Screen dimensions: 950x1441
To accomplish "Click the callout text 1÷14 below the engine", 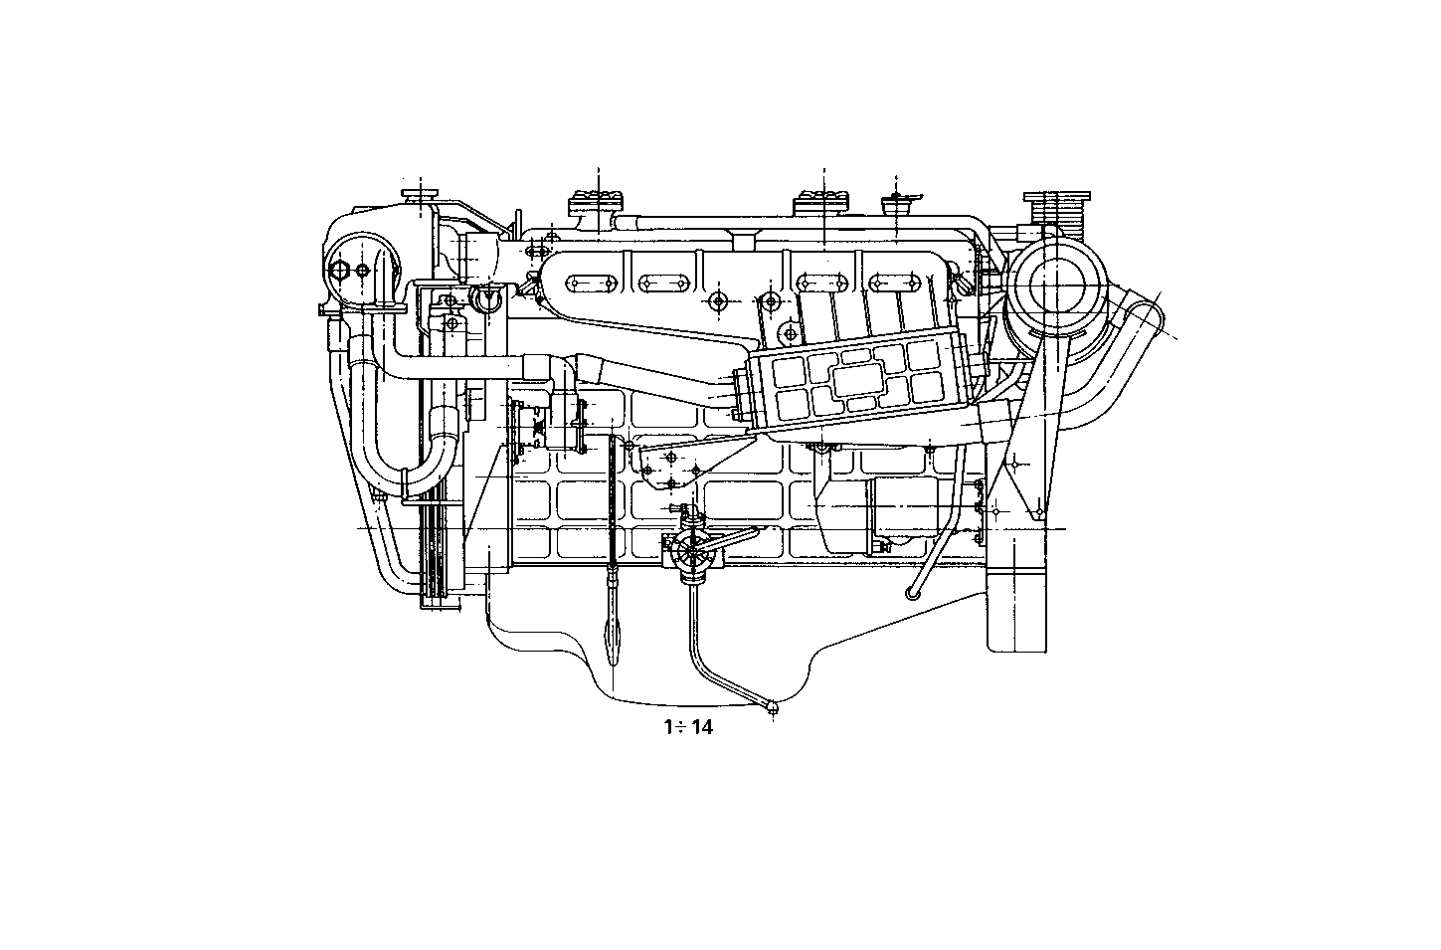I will point(688,727).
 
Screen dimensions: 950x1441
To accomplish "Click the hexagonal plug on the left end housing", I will point(341,271).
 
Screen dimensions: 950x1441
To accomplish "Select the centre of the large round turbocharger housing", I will point(1056,287).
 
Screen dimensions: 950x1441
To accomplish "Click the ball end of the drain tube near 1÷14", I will point(773,707).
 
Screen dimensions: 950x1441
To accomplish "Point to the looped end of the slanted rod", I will point(912,593).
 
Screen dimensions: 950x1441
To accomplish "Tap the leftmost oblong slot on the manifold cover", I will point(589,284).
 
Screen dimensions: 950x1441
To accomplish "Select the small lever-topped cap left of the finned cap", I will point(897,205).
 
